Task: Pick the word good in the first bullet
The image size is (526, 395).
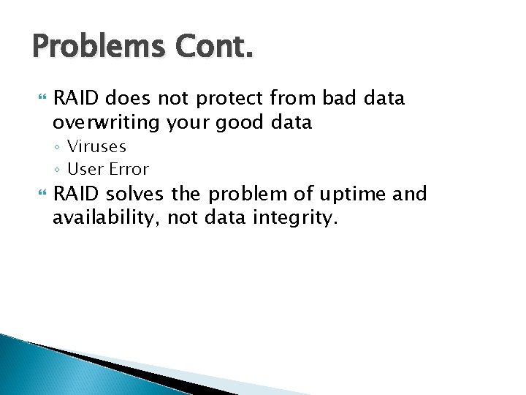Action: (x=241, y=122)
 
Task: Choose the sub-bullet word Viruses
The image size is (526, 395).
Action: (x=96, y=147)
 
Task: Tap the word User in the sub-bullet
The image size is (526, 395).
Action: (x=84, y=169)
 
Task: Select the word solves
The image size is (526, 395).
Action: (x=137, y=194)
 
